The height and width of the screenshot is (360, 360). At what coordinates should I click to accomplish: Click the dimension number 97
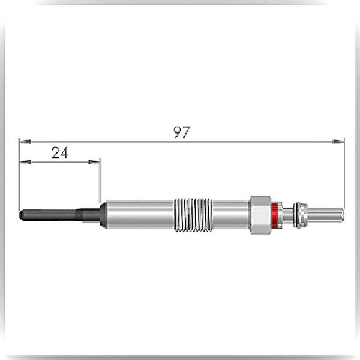pyautogui.click(x=181, y=132)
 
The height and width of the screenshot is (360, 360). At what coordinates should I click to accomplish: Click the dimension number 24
pyautogui.click(x=60, y=152)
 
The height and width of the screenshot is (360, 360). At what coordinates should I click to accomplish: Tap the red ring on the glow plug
pyautogui.click(x=274, y=215)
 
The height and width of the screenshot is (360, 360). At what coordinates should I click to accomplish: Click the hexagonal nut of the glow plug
pyautogui.click(x=260, y=215)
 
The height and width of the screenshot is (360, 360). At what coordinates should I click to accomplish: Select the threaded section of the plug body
pyautogui.click(x=193, y=215)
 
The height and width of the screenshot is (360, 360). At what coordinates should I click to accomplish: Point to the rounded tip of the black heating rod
pyautogui.click(x=22, y=215)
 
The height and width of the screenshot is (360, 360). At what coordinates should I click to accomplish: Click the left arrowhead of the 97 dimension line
pyautogui.click(x=25, y=142)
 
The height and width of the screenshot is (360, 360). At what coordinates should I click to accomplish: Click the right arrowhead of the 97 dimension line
pyautogui.click(x=338, y=142)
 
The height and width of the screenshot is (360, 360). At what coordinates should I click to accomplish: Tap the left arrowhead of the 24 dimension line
pyautogui.click(x=25, y=162)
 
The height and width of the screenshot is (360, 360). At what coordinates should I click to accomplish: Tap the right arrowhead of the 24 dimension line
pyautogui.click(x=94, y=162)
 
